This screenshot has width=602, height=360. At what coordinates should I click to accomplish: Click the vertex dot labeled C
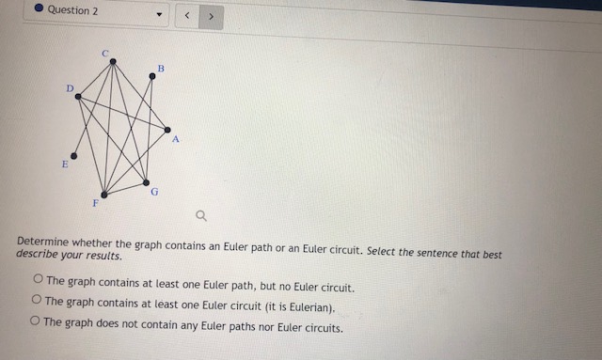[113, 62]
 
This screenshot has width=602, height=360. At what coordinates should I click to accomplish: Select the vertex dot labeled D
[78, 96]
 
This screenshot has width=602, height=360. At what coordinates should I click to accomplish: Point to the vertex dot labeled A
[167, 130]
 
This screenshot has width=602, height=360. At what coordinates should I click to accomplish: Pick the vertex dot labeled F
[104, 195]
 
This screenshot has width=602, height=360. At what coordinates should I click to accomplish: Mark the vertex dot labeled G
[147, 181]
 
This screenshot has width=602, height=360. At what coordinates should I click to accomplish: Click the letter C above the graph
[105, 51]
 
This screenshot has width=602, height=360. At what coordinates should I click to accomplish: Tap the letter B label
[161, 68]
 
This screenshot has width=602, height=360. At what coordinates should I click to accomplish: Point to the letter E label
[64, 164]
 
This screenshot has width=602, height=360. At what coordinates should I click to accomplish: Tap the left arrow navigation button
[187, 16]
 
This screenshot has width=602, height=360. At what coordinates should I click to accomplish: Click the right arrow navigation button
[212, 16]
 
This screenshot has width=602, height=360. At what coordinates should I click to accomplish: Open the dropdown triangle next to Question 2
[159, 16]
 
